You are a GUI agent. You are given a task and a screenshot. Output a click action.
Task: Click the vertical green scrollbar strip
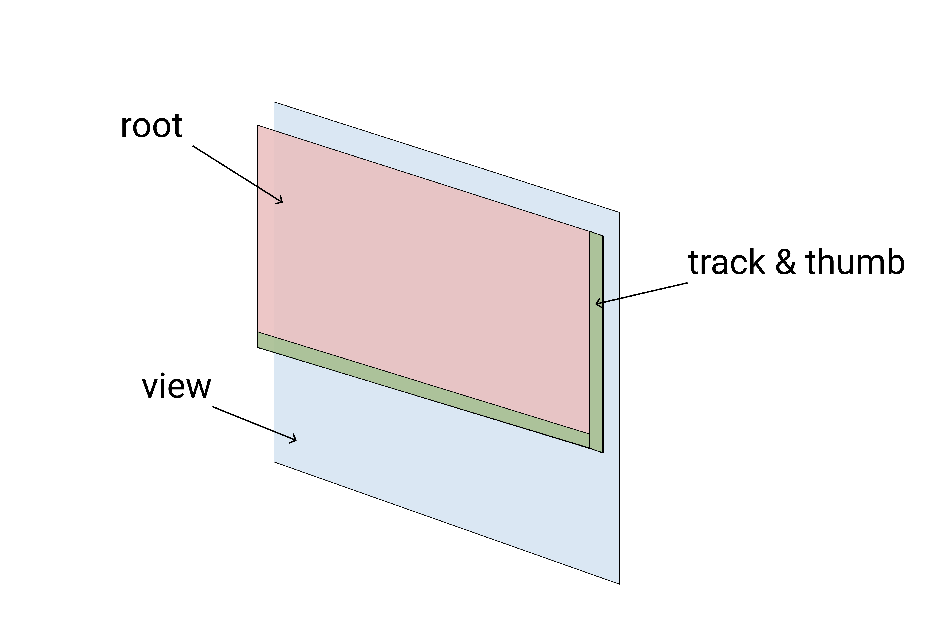(596, 337)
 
